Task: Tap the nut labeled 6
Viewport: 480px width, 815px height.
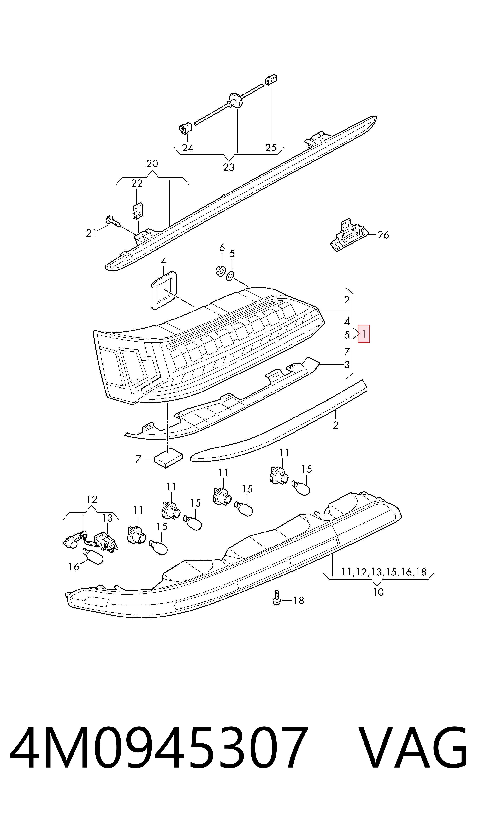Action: [x=221, y=270]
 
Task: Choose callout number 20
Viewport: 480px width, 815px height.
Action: [x=152, y=163]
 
